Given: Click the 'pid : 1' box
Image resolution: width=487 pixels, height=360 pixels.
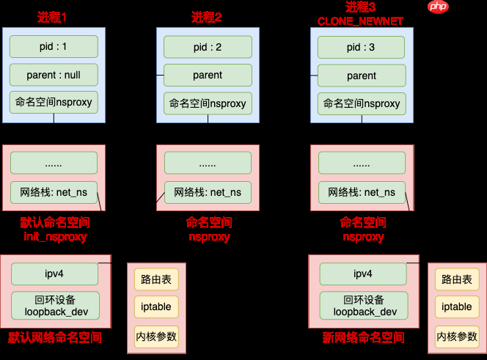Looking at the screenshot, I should coord(54,46).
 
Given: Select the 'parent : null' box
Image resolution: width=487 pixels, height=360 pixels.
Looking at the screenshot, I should coord(54,74).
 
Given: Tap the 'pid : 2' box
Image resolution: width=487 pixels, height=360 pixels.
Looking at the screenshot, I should coord(208,47).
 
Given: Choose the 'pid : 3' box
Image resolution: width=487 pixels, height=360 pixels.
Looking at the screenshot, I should coord(362,48).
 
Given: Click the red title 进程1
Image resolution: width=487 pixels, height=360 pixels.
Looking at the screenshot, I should coord(53,17).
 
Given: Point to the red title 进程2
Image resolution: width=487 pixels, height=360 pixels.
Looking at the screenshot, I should coord(207,17).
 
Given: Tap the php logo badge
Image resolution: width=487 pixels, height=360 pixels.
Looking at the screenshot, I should coord(438,7).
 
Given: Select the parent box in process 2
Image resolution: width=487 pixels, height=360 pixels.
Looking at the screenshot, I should coord(208,75).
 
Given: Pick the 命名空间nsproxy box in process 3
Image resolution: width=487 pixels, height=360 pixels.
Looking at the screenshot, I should coord(362,103).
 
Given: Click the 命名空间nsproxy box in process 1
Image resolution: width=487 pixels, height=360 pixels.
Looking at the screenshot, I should coord(54,102).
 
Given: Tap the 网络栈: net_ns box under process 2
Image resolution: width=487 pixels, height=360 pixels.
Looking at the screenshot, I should coord(208,192).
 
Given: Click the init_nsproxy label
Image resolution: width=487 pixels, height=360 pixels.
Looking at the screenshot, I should coord(56,237).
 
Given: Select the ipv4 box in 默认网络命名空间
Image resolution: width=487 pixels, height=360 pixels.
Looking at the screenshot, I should coord(55,273).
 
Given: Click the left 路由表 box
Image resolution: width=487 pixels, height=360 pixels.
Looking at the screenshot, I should coord(155,279).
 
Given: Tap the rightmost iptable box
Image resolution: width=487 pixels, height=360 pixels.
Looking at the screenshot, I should coord(457,307).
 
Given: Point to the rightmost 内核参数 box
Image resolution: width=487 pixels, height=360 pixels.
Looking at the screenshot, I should coord(457,336).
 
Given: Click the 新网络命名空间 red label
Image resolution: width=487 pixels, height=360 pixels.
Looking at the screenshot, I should coord(363,337).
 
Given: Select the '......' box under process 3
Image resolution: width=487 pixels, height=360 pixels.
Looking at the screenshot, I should coord(362,164).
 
